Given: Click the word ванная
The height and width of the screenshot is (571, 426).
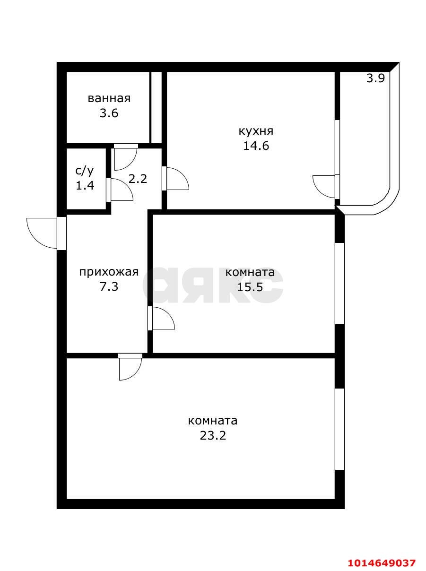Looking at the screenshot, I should [x=109, y=98].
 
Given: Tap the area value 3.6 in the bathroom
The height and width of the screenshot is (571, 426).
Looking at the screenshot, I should [x=109, y=113].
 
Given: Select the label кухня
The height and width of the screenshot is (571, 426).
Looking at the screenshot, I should [x=256, y=130].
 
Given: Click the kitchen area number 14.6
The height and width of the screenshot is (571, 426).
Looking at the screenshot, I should [x=256, y=146].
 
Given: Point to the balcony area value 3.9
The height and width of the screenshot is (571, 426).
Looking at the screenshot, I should [x=375, y=78].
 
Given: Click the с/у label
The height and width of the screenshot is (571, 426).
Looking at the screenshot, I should [x=85, y=170].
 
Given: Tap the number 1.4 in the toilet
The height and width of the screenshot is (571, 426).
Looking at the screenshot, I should [x=85, y=185].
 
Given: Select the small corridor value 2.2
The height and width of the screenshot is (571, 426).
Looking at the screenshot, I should [x=138, y=179].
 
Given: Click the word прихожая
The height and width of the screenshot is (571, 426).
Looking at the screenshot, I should [x=109, y=272].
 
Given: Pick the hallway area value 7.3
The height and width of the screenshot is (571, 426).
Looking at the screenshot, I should [x=109, y=286].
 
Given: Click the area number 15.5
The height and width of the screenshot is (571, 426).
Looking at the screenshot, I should [x=250, y=286].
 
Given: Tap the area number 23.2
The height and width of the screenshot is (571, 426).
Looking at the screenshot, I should [x=213, y=435].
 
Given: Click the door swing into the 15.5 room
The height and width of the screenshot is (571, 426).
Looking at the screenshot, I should [x=162, y=319].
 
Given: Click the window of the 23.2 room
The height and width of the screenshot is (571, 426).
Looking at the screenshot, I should [x=339, y=429].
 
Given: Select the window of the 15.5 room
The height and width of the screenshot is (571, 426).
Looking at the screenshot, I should [x=339, y=283].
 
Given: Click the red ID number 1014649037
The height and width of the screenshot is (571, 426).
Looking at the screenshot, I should [x=382, y=562].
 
